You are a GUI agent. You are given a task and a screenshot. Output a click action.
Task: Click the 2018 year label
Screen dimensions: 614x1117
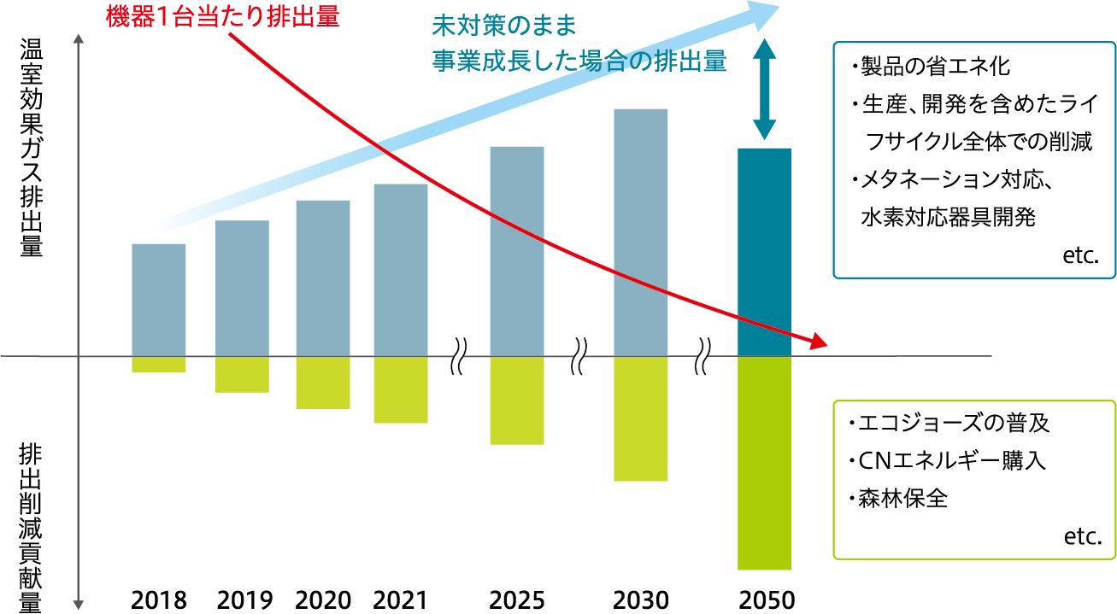click(x=159, y=599)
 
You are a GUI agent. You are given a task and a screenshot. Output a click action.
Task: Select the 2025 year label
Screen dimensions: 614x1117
click(x=516, y=599)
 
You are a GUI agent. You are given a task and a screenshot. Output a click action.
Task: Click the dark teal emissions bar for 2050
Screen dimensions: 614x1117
click(x=764, y=252)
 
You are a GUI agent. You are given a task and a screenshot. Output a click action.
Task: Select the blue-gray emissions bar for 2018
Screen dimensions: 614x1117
click(x=159, y=299)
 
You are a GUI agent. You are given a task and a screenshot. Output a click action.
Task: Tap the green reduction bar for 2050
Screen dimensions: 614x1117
click(x=764, y=462)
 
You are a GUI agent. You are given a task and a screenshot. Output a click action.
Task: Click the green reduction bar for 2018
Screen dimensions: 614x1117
click(x=159, y=364)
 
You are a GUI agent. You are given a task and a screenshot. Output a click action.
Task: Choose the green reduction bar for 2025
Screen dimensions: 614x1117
click(x=516, y=400)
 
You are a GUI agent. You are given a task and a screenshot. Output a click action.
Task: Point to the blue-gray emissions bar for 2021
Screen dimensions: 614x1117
click(x=400, y=269)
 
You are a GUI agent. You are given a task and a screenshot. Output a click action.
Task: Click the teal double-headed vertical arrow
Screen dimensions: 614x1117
click(x=764, y=88)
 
